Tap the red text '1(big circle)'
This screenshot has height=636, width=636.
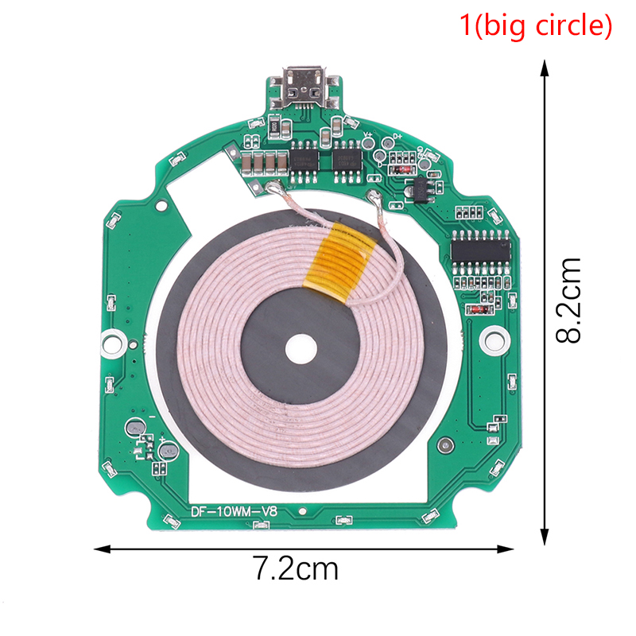pos(535,25)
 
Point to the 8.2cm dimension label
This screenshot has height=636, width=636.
pos(568,301)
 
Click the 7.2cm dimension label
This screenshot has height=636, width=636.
pos(296,568)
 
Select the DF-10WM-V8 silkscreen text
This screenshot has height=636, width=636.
pos(234,511)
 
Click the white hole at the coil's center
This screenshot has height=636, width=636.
pos(301,349)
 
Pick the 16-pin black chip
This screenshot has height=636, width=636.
pos(481,251)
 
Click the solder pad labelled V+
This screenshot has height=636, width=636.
pos(368,142)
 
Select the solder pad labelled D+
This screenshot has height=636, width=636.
pos(388,143)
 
